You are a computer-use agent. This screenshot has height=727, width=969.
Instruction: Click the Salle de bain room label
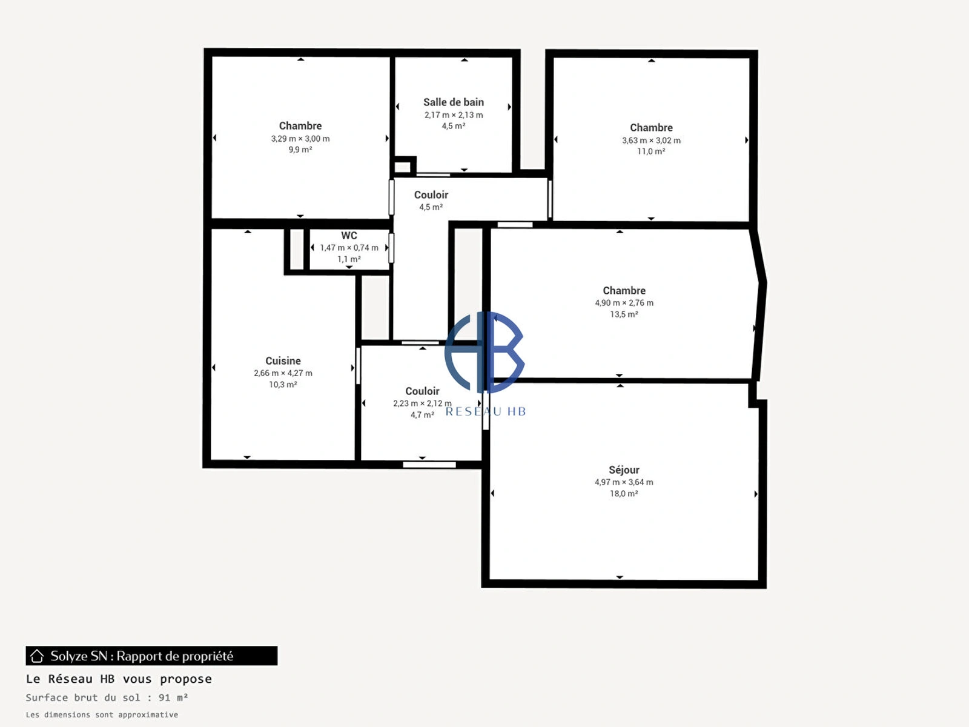tap(454, 102)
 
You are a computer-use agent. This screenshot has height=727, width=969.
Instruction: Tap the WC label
tap(349, 236)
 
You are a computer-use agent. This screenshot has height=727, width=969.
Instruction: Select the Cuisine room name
tap(283, 361)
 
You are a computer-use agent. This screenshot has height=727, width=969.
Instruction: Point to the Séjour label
tap(624, 470)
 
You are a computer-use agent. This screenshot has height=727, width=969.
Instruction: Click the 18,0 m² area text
tap(624, 494)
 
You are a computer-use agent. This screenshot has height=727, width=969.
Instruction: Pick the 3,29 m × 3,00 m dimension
tap(300, 139)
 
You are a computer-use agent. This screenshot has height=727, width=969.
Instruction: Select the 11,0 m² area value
tap(651, 151)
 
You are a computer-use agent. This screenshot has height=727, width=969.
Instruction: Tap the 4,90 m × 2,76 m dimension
tap(624, 303)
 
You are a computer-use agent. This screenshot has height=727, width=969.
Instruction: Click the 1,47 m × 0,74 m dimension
tap(349, 248)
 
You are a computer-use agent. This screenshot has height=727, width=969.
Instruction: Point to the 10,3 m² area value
tap(283, 385)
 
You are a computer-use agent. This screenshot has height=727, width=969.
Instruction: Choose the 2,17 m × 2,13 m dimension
tap(454, 115)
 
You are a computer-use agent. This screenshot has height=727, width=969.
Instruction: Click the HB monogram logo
tap(484, 352)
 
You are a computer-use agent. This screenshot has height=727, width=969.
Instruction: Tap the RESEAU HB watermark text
tap(486, 412)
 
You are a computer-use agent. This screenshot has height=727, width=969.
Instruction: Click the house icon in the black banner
tap(37, 656)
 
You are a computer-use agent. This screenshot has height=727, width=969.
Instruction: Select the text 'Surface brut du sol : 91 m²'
tap(107, 698)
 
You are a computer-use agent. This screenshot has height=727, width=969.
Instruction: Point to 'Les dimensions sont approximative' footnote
tap(102, 715)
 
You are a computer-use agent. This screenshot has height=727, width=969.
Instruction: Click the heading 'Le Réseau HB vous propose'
tap(119, 679)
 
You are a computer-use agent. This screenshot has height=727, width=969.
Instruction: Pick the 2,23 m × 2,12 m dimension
tap(422, 403)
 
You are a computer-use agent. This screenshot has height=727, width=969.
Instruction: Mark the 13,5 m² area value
tap(624, 314)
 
